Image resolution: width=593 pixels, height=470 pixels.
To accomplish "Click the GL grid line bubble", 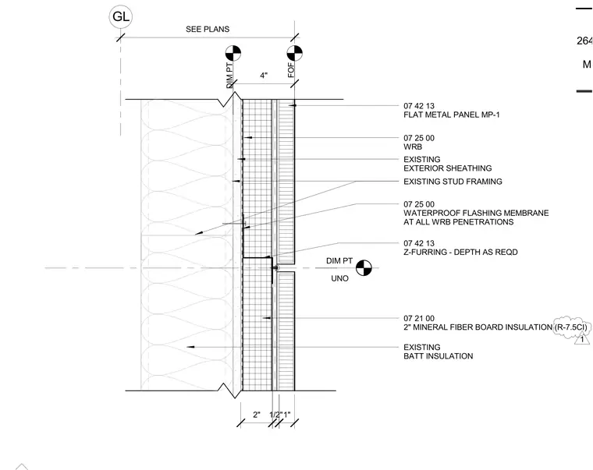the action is coord(121,17).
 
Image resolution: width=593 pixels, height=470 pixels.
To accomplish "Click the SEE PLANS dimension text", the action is coord(208,29).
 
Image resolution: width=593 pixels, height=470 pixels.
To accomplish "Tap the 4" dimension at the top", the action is coord(264,75).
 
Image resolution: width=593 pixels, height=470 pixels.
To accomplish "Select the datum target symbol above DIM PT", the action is coord(233,53).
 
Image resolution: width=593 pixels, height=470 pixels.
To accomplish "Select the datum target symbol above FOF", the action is coord(295,53).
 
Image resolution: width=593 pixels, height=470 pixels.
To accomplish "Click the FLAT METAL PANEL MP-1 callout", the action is coord(452,115).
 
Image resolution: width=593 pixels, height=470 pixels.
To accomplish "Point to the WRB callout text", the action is coord(413,147).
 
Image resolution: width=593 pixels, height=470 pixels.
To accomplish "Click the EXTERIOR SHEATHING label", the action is coord(447,168).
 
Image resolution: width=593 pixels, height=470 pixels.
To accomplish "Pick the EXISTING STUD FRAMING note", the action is coord(453,182).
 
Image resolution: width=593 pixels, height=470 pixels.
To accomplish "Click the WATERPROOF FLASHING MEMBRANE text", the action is coord(476,213).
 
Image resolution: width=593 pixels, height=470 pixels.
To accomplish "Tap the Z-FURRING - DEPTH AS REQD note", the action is coord(460,252).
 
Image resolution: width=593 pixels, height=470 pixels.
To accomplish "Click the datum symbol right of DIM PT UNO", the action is coord(364,268).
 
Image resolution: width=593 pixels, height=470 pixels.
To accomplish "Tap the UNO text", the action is coord(339,278).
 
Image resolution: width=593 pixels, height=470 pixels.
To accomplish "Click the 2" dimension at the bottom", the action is coord(257,415).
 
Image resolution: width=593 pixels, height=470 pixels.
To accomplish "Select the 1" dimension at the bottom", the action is coord(287,415).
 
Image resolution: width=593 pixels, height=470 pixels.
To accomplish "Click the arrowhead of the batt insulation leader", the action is coord(190,347).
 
